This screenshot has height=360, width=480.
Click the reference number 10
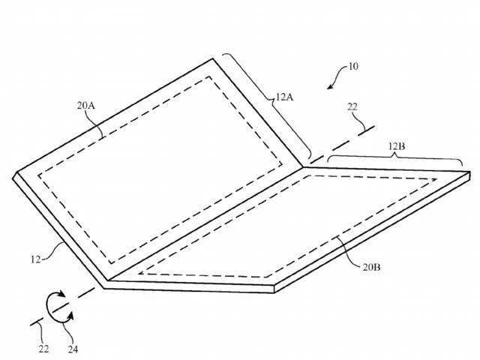[x=353, y=67]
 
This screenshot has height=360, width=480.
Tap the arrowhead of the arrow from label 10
[x=330, y=86]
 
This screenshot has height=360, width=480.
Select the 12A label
[x=284, y=97]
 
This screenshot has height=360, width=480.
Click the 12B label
[x=397, y=147]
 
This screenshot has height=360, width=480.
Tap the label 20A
[x=85, y=106]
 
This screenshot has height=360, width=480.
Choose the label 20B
[x=372, y=267]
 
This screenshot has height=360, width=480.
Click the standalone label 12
[x=35, y=259]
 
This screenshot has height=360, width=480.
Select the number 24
[x=73, y=349]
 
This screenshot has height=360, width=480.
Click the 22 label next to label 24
[x=43, y=349]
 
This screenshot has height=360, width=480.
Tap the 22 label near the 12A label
[x=352, y=106]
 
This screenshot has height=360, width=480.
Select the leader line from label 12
[x=54, y=252]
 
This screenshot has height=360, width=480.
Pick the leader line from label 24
[x=69, y=333]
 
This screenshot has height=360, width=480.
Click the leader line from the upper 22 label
[x=360, y=120]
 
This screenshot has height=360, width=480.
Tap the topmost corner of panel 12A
[x=212, y=58]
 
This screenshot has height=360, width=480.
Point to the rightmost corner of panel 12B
[x=470, y=172]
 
